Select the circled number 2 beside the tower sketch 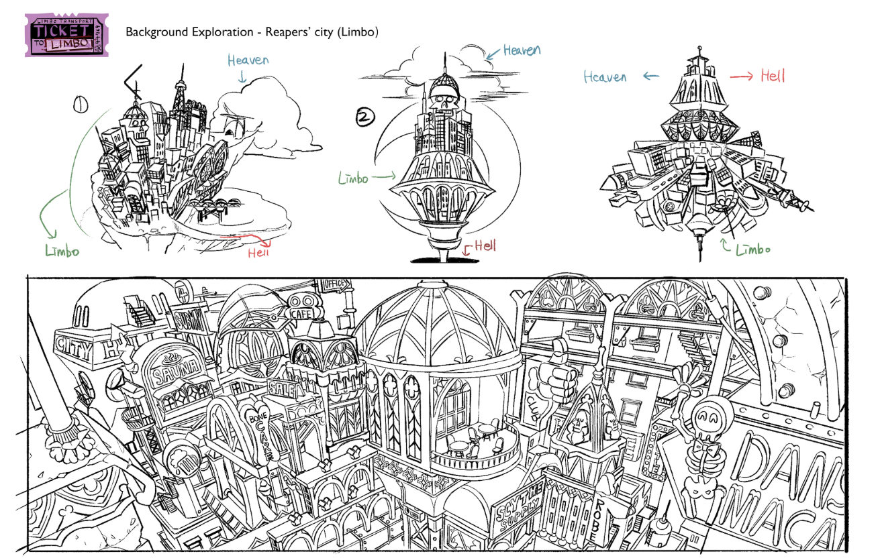coord(364,119)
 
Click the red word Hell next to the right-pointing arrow coord(773,76)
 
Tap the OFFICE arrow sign coord(336,284)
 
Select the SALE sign coord(280,387)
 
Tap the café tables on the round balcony coord(473,443)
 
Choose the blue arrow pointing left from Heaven coord(651,76)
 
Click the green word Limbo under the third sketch coord(753,249)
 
